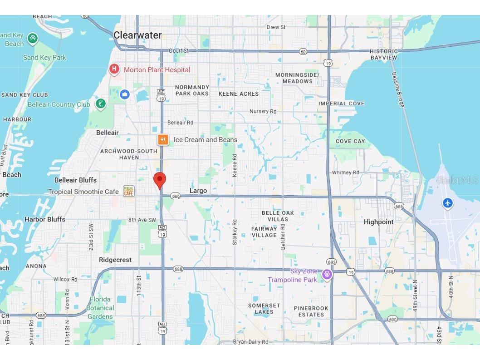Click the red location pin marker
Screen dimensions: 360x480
coord(159,180)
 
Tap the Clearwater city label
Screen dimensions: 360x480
coord(137,35)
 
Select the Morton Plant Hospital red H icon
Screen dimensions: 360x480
coord(114,69)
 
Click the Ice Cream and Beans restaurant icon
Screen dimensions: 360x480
coord(163,140)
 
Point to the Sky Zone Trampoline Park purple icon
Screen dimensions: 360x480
coord(327,274)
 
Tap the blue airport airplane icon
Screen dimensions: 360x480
coord(448,203)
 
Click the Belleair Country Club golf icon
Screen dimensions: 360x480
coord(100,104)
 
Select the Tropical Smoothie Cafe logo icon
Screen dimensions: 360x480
coord(129,191)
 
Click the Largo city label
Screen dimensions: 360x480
coord(198,191)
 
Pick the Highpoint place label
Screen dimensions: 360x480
coord(378,222)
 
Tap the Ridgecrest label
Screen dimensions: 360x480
coord(115,260)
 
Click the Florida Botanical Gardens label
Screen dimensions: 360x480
coord(100,308)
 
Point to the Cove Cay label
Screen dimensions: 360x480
coord(350,141)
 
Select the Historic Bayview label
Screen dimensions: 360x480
coord(383,54)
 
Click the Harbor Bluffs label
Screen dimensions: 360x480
coord(44,219)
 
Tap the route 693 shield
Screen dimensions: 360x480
coord(331,262)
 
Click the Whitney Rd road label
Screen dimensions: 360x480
coord(345,173)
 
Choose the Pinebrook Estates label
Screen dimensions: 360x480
coord(311,311)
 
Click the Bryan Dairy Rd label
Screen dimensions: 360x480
coord(250,342)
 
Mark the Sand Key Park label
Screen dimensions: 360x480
coord(44,58)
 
